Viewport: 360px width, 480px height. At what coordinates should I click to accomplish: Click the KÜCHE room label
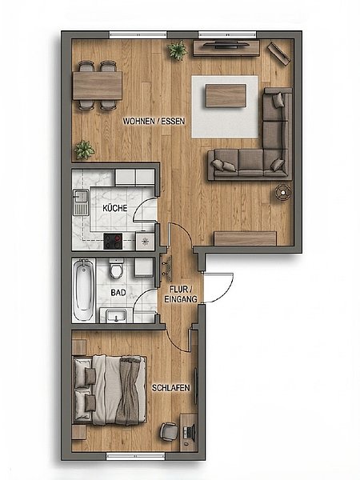tap(114, 208)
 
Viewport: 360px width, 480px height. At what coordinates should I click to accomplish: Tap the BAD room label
tap(118, 293)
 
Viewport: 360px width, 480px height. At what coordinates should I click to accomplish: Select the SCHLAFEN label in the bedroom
tap(171, 388)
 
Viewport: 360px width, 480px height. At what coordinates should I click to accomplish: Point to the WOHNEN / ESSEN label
tap(154, 122)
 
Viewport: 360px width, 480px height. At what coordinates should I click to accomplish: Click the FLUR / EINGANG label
tap(181, 294)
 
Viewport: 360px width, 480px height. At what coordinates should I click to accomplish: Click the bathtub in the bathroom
tap(83, 290)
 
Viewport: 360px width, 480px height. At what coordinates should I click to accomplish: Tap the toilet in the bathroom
tap(116, 269)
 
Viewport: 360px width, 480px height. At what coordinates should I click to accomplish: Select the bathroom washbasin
tap(116, 316)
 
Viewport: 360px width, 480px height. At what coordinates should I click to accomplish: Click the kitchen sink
tap(81, 202)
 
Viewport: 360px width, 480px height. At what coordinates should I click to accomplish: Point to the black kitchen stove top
tap(113, 242)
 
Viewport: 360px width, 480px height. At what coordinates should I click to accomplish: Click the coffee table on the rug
tap(226, 95)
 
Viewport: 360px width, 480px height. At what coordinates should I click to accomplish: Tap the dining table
tap(98, 86)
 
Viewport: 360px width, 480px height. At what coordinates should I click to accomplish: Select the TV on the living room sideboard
tap(226, 45)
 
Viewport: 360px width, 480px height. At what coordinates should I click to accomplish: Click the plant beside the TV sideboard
tap(178, 50)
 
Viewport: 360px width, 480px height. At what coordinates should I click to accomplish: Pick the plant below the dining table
tap(85, 150)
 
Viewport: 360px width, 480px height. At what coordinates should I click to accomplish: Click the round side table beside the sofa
tap(283, 192)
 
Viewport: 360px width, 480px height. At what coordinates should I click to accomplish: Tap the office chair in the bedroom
tap(169, 432)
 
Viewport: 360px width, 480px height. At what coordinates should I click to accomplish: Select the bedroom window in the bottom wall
tap(136, 457)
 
